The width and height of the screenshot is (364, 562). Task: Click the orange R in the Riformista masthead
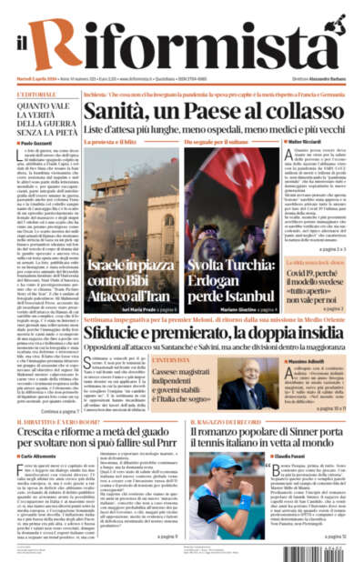point(67,34)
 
